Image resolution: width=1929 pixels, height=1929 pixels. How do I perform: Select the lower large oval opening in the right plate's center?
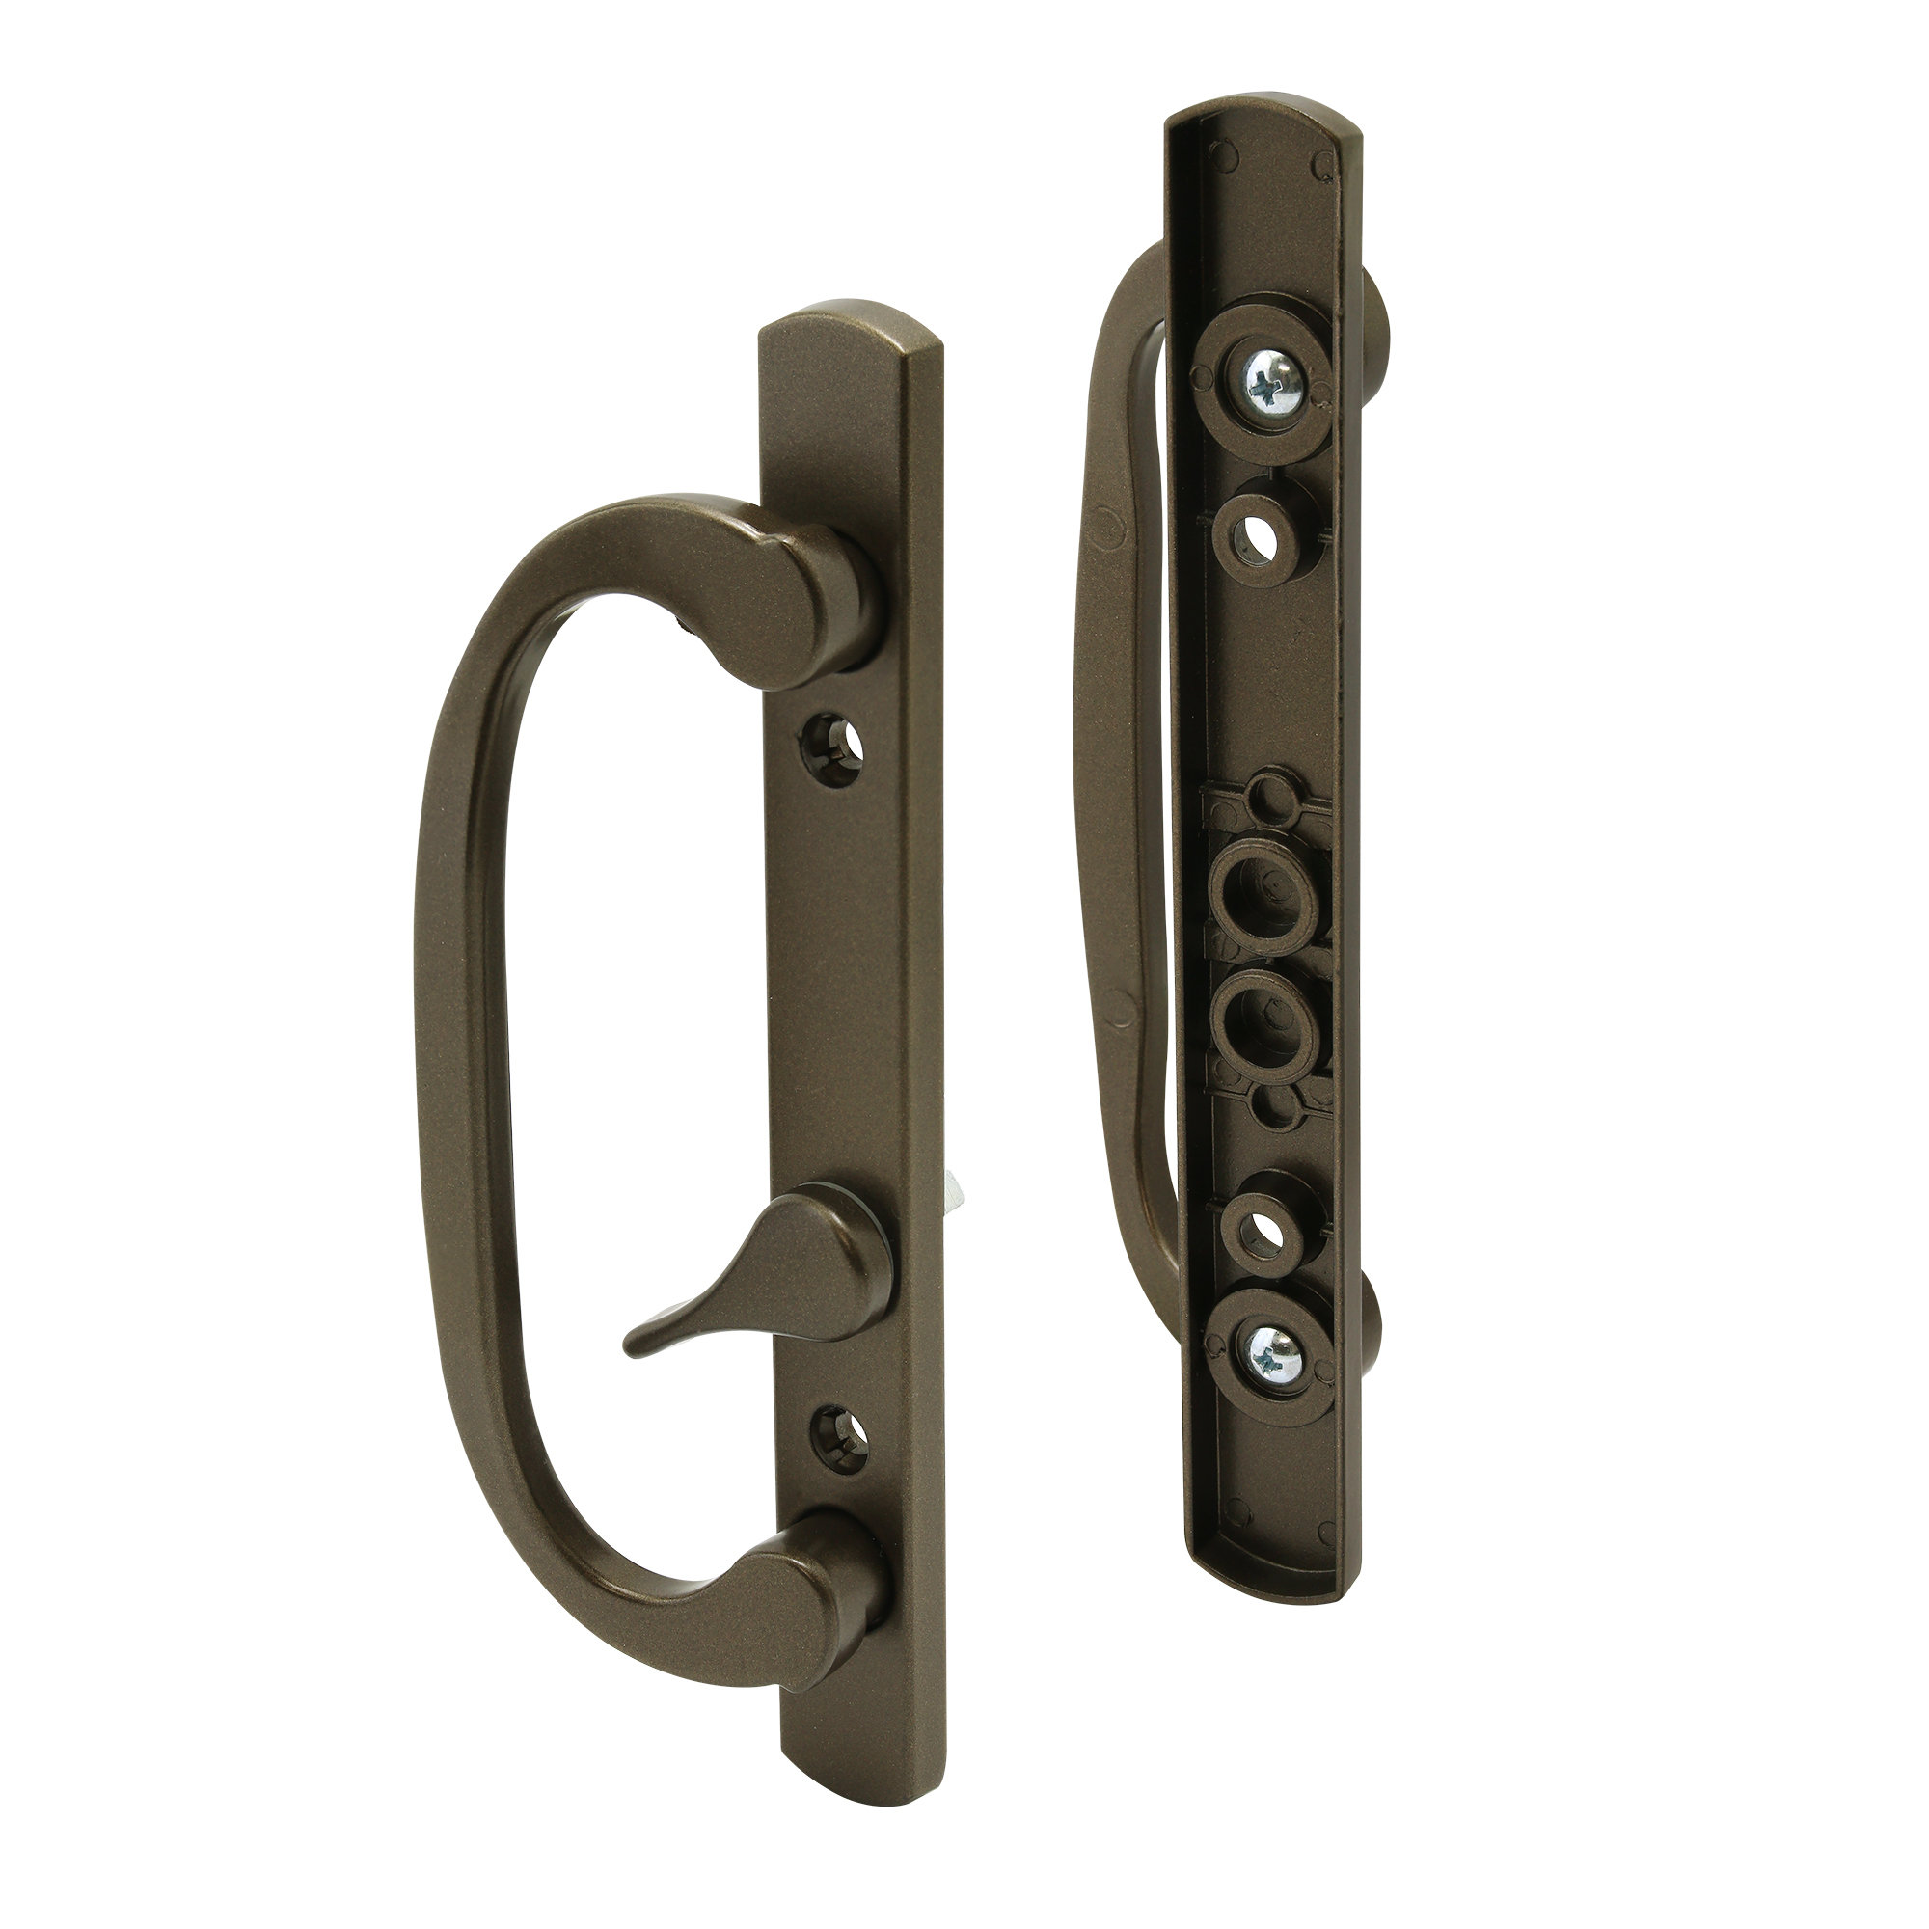coord(1265,1039)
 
